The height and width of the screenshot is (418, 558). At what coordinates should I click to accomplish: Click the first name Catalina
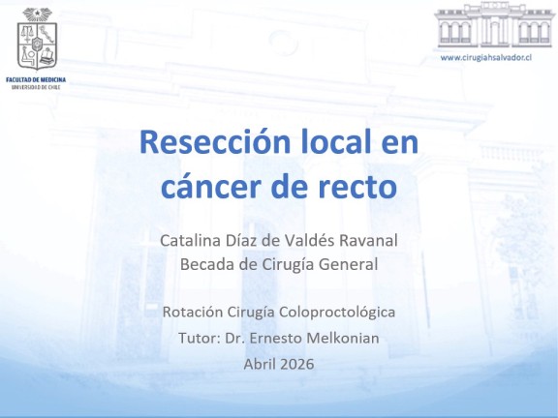[x=191, y=240]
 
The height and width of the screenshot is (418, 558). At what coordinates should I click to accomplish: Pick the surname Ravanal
[x=368, y=240]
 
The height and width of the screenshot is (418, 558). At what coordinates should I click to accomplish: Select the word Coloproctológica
[x=337, y=313]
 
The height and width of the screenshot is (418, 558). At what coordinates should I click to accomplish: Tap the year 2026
[x=296, y=364]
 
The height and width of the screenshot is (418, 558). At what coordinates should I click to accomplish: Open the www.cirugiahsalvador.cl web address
[x=485, y=57]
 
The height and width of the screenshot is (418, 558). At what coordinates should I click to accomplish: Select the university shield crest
[x=37, y=39]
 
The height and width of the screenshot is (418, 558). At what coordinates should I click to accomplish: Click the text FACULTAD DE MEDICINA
[x=36, y=79]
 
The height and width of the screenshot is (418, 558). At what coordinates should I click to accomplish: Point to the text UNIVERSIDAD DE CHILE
[x=36, y=87]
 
